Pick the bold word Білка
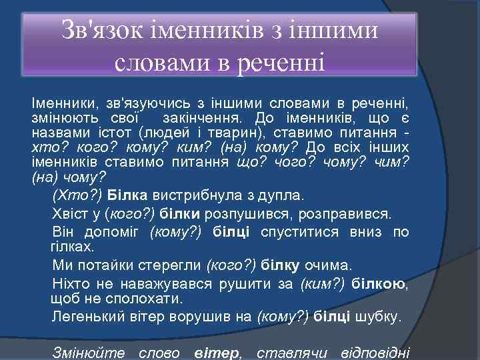(127, 196)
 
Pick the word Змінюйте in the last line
(85, 351)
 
